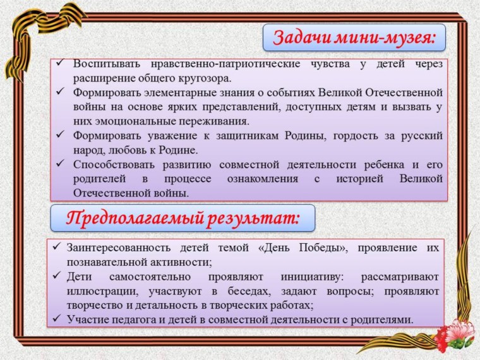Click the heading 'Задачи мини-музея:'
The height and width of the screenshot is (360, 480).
coord(354,38)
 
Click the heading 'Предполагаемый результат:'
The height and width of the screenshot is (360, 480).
coord(183,219)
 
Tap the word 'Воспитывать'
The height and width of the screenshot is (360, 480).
coord(107,64)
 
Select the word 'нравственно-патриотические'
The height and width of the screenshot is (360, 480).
coord(225,64)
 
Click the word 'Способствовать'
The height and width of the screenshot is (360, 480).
coord(114,165)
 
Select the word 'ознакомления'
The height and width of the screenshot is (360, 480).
coord(263,179)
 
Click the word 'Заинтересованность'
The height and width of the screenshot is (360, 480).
coord(119,248)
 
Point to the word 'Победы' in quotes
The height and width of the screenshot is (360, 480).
coord(321,248)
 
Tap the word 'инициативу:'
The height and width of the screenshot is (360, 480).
coord(312,277)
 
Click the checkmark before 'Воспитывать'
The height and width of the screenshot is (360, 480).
coord(60,63)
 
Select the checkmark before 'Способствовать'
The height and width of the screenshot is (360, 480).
coord(60,164)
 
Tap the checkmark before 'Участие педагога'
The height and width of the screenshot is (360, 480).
coord(57,319)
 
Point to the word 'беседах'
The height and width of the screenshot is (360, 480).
coord(249,291)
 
